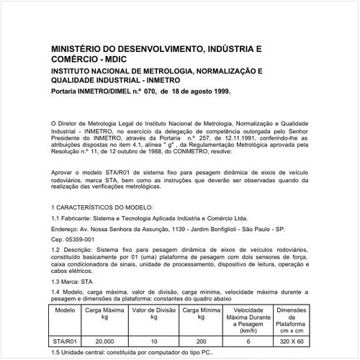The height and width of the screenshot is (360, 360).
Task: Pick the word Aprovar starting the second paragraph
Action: [x=66, y=174]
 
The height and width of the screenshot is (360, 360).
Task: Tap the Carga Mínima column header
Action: [x=200, y=313]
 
